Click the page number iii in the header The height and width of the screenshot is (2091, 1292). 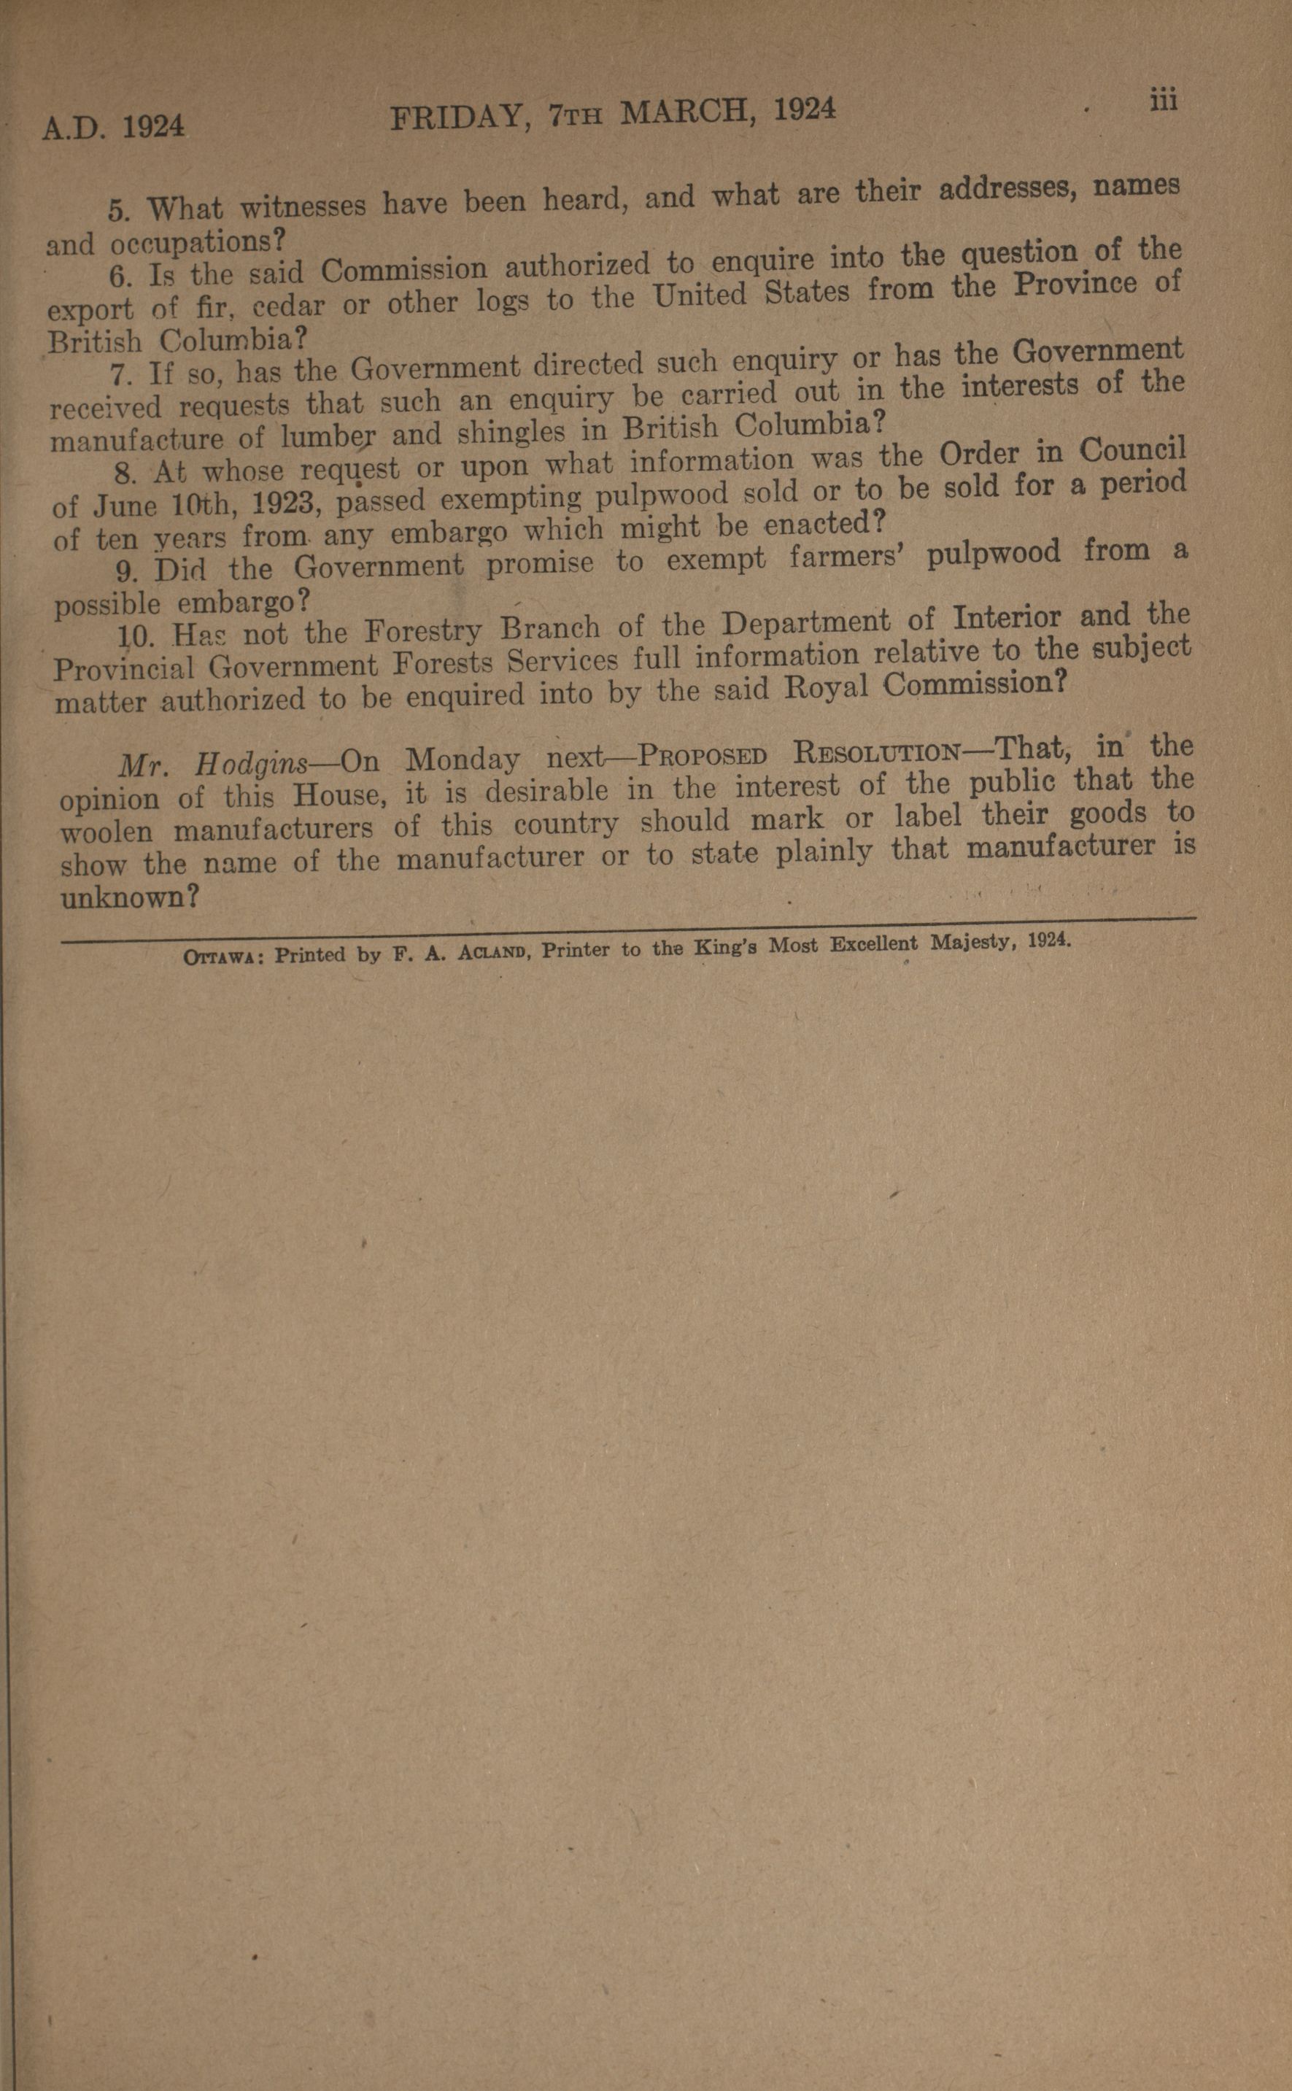pos(1163,101)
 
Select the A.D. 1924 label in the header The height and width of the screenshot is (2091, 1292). pos(114,128)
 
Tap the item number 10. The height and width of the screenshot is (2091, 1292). pos(133,635)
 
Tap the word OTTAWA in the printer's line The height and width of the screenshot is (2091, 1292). pos(220,957)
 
